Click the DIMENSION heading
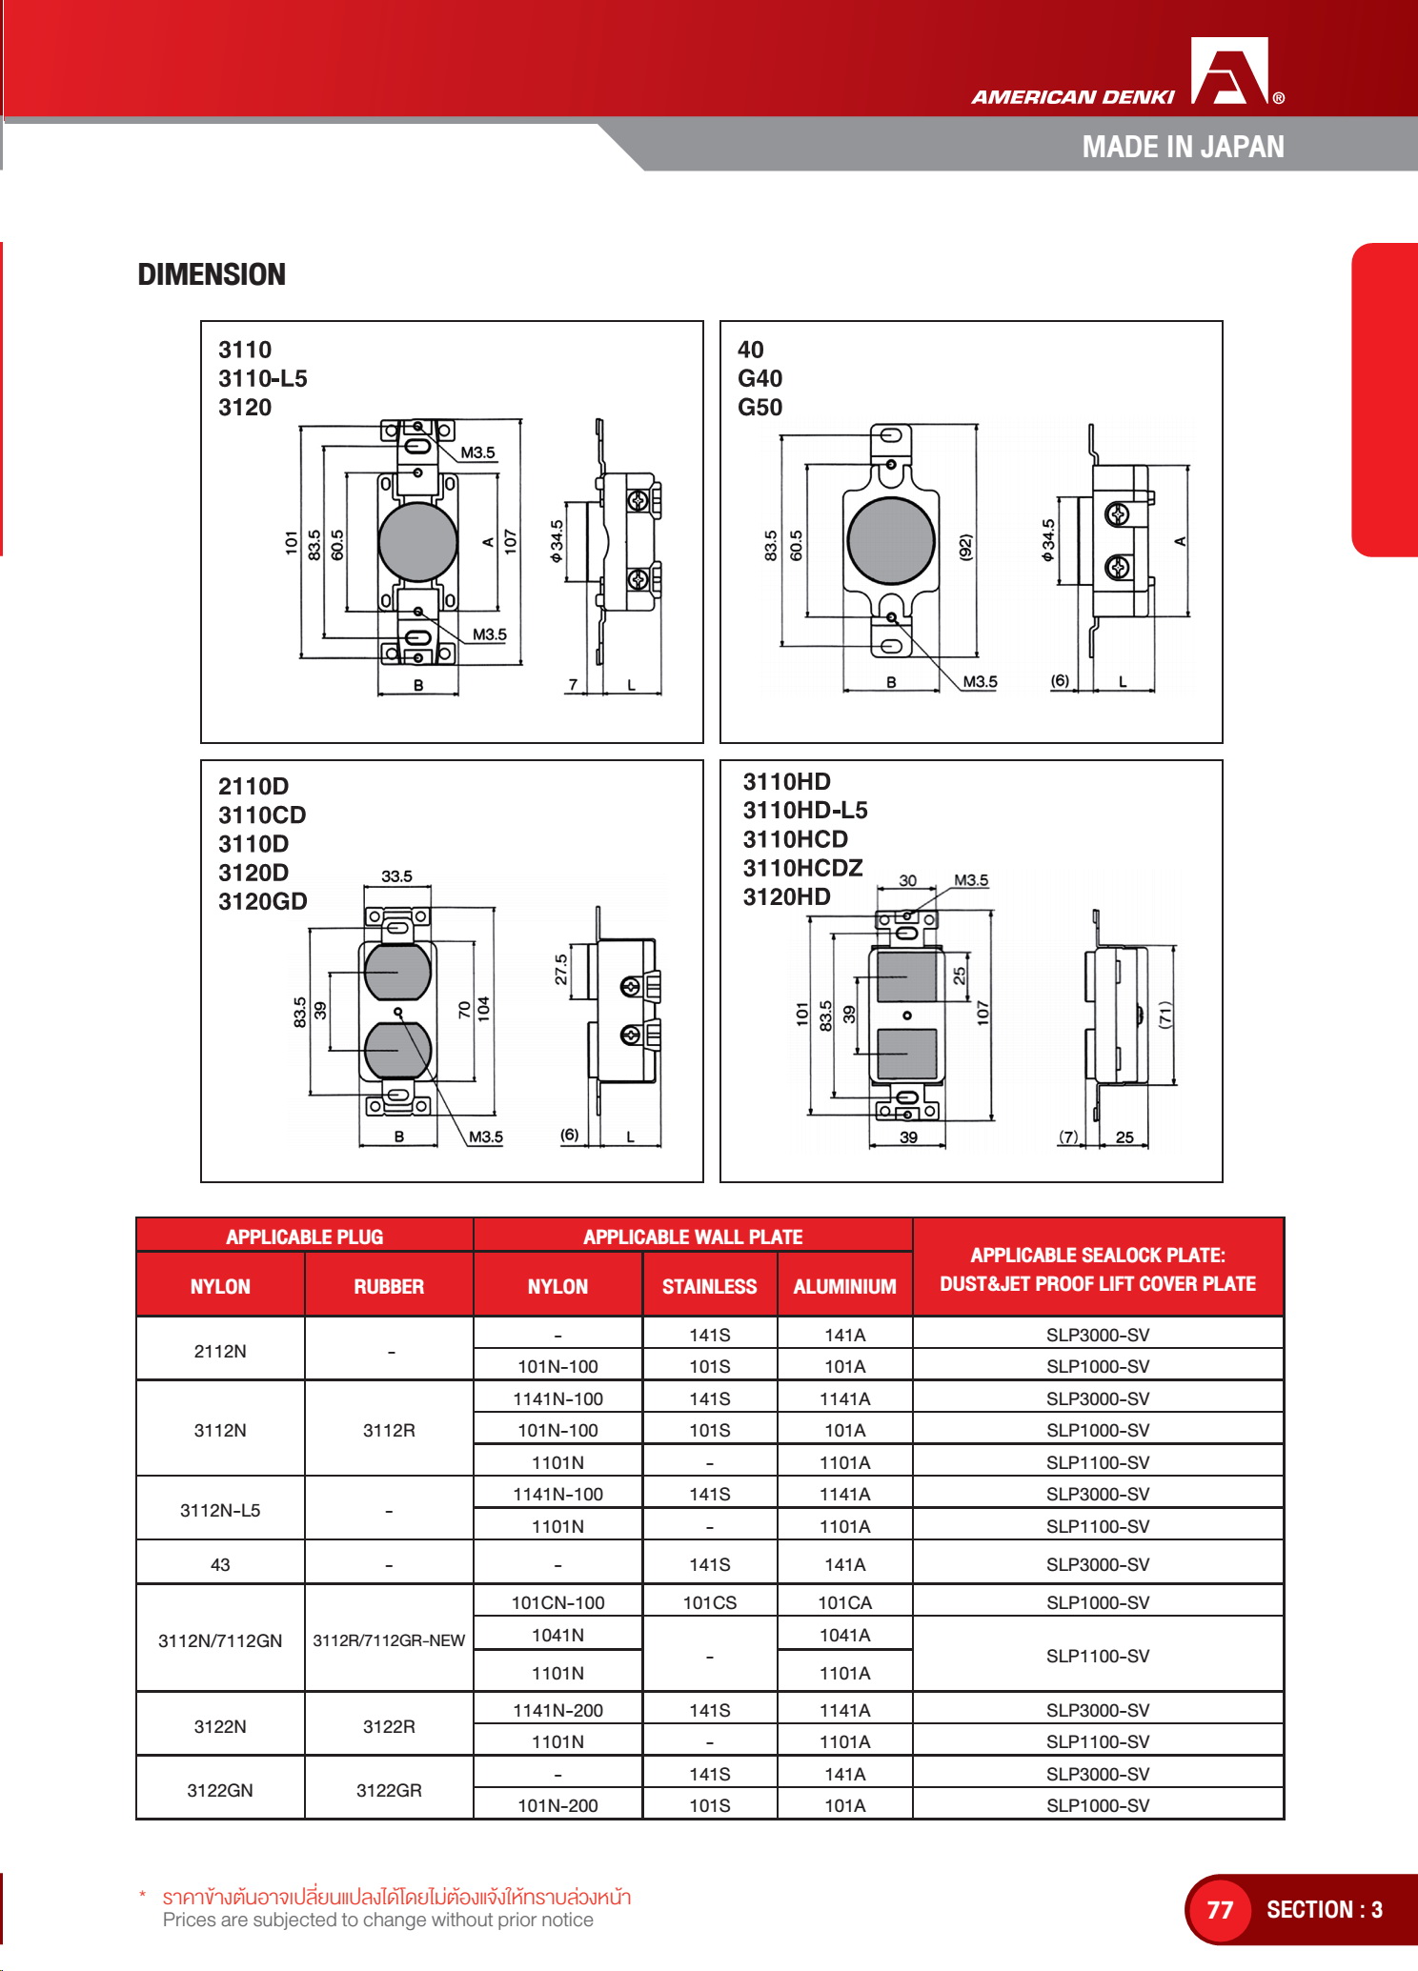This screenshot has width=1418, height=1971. [212, 274]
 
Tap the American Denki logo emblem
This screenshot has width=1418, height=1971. [1230, 71]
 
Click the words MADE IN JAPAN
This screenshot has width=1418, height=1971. [1183, 147]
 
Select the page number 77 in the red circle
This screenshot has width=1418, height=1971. [1220, 1909]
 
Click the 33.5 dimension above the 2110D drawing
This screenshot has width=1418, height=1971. [396, 876]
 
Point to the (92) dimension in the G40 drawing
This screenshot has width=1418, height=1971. [965, 547]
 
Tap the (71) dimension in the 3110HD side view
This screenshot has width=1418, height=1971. [1165, 1016]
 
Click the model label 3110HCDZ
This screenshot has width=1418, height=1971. [802, 868]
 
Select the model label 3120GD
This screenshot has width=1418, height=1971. [262, 901]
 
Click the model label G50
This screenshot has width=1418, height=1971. [760, 407]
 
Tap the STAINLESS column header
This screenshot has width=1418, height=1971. [710, 1286]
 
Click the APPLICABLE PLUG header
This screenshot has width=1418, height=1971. [304, 1237]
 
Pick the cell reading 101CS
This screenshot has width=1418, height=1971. [710, 1602]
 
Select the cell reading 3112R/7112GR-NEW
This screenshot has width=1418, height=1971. [389, 1640]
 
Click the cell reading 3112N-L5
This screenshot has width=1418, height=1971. [220, 1510]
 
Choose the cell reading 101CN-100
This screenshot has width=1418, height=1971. [557, 1602]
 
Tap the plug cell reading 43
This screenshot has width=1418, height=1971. [220, 1564]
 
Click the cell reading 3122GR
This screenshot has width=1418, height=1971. [389, 1790]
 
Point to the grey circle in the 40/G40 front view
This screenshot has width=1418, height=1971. [891, 540]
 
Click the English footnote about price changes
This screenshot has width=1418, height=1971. [377, 1920]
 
